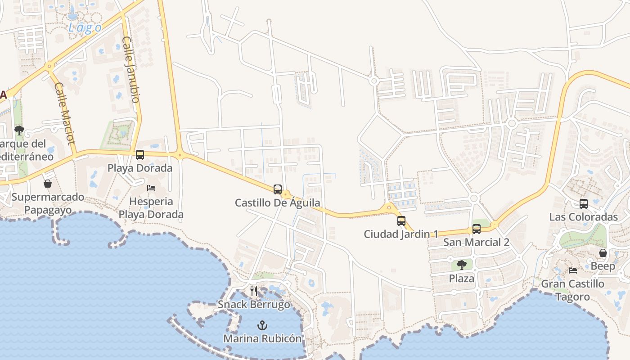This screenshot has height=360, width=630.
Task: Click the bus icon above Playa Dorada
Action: click(140, 155)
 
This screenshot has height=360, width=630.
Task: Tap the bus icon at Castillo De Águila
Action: click(278, 189)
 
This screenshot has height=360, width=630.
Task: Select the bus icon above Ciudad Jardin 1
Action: click(401, 221)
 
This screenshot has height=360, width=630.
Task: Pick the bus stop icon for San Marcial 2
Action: click(477, 229)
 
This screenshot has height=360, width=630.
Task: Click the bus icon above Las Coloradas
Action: click(584, 204)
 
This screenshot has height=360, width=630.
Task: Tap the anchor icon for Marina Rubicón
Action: click(262, 325)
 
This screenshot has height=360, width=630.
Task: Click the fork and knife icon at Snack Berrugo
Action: click(254, 291)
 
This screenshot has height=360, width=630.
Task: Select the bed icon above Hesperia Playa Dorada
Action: click(151, 188)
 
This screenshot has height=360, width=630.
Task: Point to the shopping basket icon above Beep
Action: click(603, 253)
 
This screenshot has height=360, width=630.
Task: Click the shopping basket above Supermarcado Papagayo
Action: click(48, 184)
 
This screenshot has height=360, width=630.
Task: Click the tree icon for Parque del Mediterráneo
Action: click(19, 130)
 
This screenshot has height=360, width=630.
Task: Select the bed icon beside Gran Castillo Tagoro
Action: click(573, 270)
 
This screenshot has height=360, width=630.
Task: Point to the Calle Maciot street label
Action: click(64, 114)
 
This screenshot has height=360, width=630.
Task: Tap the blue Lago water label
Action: click(85, 28)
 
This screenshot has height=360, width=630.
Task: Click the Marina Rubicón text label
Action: click(262, 338)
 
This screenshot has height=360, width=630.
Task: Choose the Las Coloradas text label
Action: click(583, 217)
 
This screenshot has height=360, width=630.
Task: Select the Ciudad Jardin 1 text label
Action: click(401, 234)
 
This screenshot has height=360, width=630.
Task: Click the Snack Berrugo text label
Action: click(254, 305)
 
